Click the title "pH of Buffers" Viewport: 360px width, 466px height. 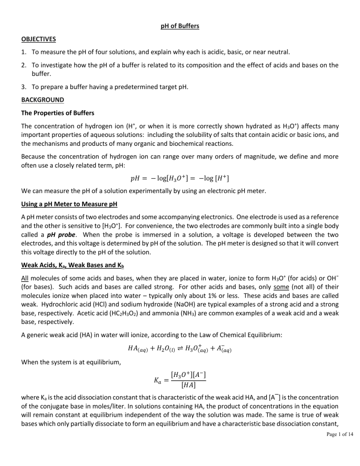point(180,26)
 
